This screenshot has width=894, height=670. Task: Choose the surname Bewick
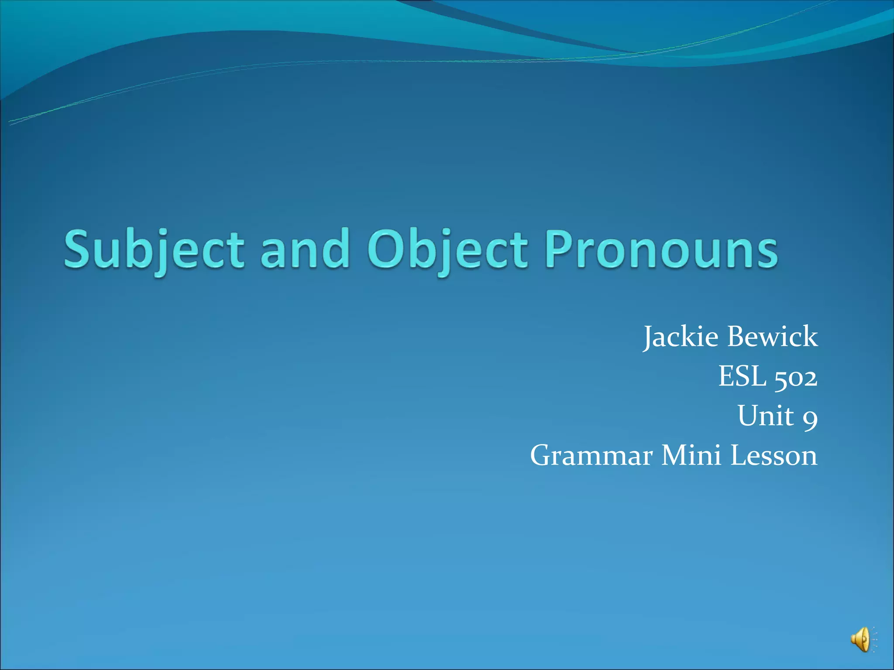[773, 337]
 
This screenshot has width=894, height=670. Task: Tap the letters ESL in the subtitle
[742, 376]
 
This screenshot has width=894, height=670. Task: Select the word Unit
[766, 415]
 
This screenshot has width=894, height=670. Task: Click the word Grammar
[591, 455]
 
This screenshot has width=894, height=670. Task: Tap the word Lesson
[774, 455]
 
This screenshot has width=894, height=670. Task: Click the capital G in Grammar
[543, 455]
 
